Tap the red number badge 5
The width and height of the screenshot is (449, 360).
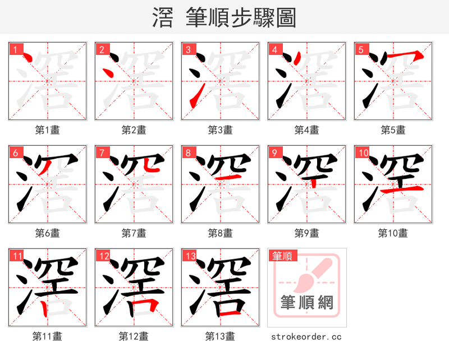pos(361,50)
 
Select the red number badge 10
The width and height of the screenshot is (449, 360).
pos(363,153)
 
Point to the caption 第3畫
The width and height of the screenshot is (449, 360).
pos(220,130)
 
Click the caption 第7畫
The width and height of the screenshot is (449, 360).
pos(134,233)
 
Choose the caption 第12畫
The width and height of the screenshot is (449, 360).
pos(134,336)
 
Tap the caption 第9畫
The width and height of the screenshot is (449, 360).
pos(306,233)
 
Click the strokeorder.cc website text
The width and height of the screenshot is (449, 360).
pos(306,336)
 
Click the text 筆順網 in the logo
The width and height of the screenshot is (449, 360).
pos(306,303)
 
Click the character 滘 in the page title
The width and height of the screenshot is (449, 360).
pos(163,18)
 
